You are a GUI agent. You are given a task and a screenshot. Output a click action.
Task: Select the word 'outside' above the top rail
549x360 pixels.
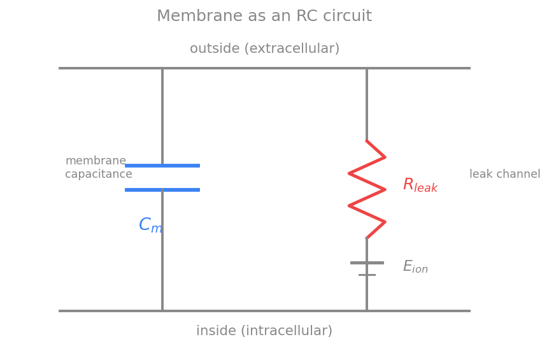(x=215, y=48)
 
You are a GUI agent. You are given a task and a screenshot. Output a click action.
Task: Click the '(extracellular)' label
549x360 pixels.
(x=292, y=48)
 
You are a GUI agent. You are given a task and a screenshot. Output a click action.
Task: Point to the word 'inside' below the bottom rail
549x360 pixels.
(x=216, y=331)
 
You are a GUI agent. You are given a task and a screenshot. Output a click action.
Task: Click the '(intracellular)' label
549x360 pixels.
(x=287, y=331)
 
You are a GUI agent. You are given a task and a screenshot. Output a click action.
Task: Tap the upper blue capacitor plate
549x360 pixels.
(x=162, y=166)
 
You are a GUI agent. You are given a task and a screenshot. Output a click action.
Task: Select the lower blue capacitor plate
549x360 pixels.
(x=162, y=190)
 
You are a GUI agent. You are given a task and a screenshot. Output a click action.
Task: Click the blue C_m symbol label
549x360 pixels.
(x=150, y=225)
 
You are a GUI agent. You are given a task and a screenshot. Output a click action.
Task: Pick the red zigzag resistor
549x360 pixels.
(x=367, y=189)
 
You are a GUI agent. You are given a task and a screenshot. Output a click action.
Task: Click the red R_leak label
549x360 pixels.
(x=420, y=185)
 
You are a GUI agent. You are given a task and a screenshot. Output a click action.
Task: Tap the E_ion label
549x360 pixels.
(x=415, y=266)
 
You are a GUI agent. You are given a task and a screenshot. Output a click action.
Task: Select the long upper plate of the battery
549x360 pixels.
(x=367, y=263)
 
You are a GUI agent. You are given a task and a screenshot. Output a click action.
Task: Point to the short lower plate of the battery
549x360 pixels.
(x=367, y=275)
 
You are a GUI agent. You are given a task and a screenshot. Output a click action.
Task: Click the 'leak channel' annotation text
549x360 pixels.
(x=505, y=174)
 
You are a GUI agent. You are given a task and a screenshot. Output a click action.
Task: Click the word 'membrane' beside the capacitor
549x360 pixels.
(x=96, y=161)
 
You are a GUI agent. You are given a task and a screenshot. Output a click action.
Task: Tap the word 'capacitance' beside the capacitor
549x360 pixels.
(x=99, y=174)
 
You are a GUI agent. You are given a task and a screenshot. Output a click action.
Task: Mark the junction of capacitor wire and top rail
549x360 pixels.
(x=162, y=68)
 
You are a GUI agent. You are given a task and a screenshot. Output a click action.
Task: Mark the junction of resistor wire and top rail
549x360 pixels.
(x=367, y=68)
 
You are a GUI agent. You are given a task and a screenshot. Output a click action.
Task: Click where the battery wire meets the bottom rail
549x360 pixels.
(x=367, y=311)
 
